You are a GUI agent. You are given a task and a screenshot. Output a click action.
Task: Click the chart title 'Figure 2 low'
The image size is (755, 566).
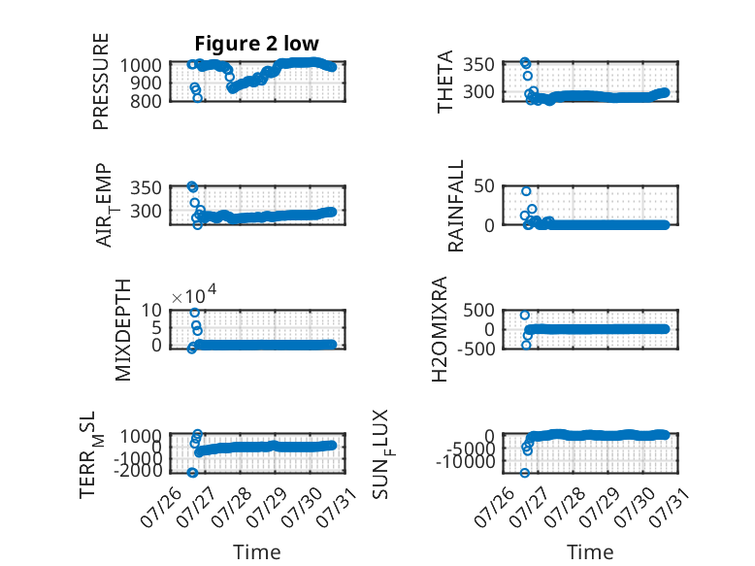pos(256,44)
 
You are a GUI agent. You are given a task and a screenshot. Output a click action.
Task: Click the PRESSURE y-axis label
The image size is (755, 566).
pos(101,82)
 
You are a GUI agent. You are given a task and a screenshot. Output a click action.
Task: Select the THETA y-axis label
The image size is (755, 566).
pos(444,82)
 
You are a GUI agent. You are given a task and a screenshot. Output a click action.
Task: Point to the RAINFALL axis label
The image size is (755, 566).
pos(455,206)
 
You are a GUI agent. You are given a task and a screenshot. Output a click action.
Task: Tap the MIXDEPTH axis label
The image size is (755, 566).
pos(123,330)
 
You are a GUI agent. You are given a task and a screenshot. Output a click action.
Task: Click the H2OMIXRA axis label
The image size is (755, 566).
pos(440,329)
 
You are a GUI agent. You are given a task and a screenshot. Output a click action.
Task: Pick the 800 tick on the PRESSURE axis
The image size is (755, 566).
pos(147,101)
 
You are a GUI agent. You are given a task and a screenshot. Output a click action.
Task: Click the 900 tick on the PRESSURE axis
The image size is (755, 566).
pos(147,83)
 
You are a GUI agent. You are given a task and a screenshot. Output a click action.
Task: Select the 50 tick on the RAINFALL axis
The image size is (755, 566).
pos(484,186)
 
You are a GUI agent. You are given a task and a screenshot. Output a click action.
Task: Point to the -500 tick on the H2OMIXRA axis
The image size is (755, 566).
pos(476,349)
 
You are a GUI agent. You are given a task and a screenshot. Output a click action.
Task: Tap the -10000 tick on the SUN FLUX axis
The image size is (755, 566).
pos(466,462)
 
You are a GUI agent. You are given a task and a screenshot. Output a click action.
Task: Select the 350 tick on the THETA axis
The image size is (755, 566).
pos(479,64)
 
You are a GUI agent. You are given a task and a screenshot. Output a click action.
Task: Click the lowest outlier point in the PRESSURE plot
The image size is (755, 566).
pos(197,98)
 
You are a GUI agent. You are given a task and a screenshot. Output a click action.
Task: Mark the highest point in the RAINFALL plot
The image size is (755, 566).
pos(526,191)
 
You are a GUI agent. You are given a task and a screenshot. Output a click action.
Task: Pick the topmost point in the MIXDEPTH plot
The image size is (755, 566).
pos(194,313)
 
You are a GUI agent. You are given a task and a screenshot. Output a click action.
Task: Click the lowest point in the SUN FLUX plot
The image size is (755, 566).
pos(525,473)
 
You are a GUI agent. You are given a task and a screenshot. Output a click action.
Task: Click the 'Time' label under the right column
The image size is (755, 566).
pos(590,552)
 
